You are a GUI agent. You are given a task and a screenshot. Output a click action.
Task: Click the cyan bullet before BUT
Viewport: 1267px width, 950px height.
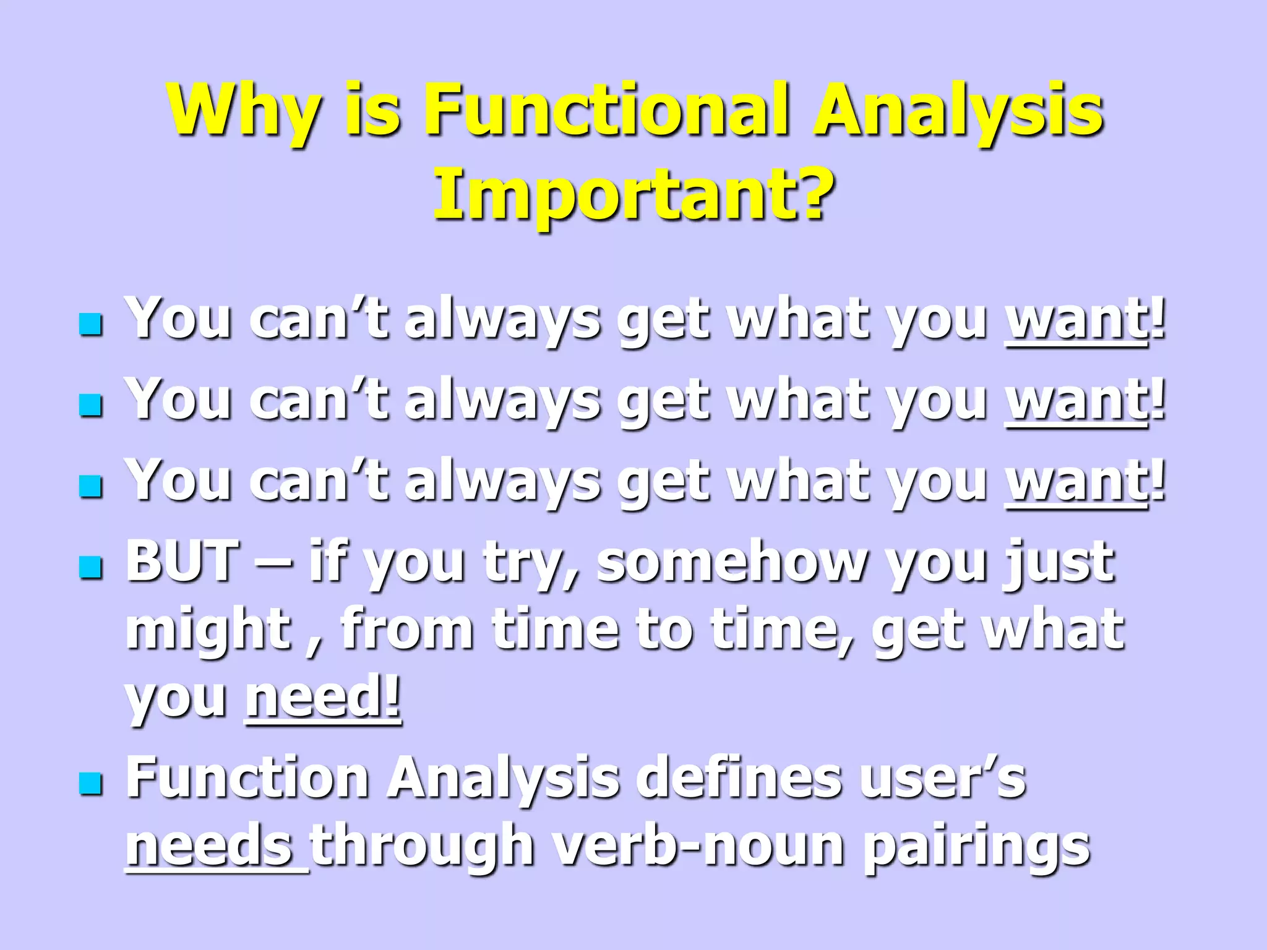[x=91, y=567]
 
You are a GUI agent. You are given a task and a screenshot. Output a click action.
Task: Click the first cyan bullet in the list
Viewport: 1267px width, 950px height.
[x=91, y=324]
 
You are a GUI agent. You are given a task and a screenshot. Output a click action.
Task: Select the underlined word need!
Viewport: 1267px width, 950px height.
[x=323, y=696]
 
